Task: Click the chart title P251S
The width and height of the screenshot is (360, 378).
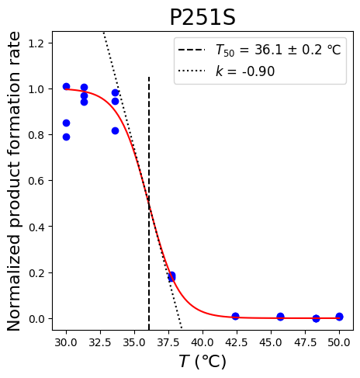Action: [202, 17]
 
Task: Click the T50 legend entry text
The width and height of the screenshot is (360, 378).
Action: [279, 50]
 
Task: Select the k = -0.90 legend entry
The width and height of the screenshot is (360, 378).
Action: [245, 71]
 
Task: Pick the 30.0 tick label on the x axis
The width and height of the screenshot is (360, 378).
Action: [66, 342]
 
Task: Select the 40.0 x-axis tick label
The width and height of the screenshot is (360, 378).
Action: [202, 342]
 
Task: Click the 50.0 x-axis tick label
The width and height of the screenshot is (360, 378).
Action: [339, 342]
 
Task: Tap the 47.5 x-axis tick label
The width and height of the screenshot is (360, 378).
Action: [305, 342]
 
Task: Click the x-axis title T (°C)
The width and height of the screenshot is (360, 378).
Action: [202, 361]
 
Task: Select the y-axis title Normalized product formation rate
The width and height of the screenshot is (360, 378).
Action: [13, 181]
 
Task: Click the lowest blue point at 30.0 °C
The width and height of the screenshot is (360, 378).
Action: [66, 137]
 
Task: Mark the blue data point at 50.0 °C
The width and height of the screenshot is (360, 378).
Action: [339, 317]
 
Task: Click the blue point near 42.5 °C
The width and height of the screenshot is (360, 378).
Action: [235, 316]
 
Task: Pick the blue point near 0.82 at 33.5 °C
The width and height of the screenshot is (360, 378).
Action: [116, 131]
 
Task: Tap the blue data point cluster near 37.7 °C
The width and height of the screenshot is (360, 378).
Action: [171, 276]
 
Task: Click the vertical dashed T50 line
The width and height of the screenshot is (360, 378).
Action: [149, 203]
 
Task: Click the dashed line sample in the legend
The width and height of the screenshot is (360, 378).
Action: [192, 50]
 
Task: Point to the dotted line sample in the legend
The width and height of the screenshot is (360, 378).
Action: [192, 71]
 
